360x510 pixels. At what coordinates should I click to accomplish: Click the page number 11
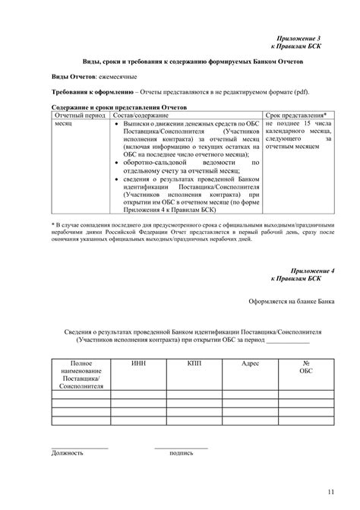click(331, 491)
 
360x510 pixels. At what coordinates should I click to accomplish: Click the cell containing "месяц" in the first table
click(64, 123)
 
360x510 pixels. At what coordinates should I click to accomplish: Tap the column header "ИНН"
click(139, 364)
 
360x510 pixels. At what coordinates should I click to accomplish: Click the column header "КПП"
click(194, 364)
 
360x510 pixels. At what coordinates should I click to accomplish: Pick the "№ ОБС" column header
click(305, 368)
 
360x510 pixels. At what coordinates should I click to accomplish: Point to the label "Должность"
click(68, 452)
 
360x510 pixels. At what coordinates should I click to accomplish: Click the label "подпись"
click(181, 452)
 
